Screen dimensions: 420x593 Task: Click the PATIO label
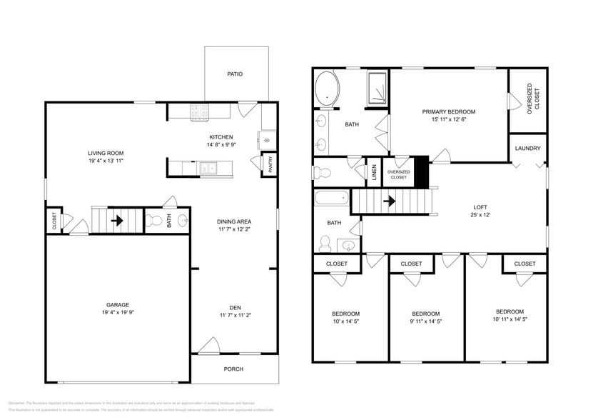(x=234, y=74)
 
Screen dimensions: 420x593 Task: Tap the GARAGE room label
(x=118, y=305)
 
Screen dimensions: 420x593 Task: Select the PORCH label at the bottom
(x=233, y=369)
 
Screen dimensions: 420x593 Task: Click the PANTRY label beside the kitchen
(x=270, y=164)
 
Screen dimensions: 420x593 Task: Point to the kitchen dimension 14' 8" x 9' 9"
(x=221, y=145)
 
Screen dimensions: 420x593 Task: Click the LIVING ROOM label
(x=106, y=153)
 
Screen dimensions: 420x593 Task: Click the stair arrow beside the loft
(x=389, y=201)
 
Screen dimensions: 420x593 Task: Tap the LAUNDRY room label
(x=527, y=149)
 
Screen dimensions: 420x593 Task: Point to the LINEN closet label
(x=374, y=173)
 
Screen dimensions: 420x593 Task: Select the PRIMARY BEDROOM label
(x=448, y=111)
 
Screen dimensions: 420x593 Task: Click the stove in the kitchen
(x=198, y=111)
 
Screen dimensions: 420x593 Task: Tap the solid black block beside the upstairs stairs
(x=421, y=171)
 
